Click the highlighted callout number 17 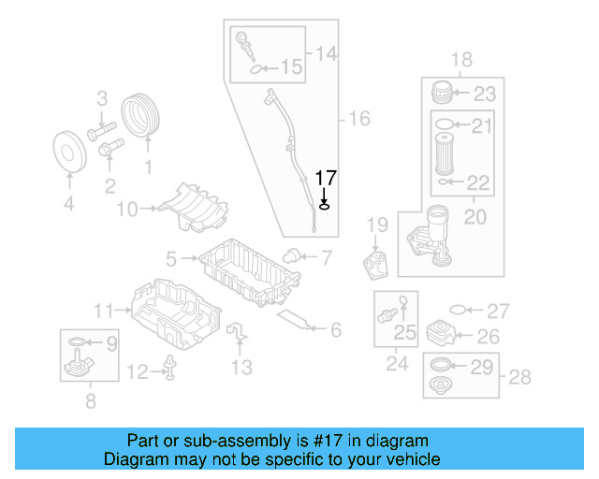325,178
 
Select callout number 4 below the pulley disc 67,204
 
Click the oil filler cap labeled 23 444,93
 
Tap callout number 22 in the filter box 478,182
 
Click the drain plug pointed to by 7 293,255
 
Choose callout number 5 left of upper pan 172,256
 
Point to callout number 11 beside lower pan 104,310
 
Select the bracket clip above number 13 239,332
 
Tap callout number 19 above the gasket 376,225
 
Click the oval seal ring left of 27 458,311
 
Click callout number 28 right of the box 519,377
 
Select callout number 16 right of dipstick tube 359,119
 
